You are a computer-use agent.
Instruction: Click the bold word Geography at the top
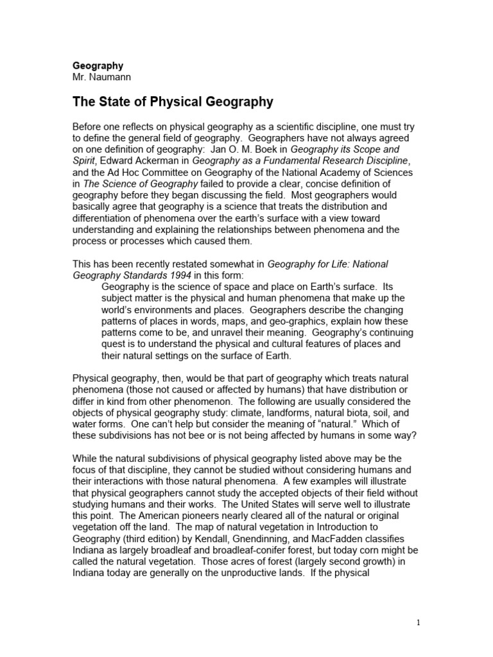pos(98,65)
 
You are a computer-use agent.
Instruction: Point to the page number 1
pos(418,622)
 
